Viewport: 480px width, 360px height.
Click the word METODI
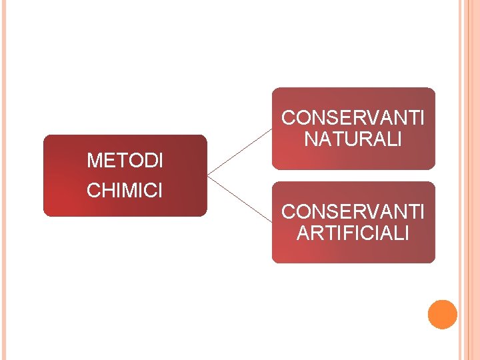tap(125, 161)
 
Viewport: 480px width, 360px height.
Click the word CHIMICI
tap(124, 191)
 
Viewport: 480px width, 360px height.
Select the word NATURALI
tap(353, 140)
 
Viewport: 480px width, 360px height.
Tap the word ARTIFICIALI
tap(353, 233)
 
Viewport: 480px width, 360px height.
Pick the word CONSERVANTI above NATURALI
tap(353, 118)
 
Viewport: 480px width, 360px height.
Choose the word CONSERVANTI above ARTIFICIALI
tap(353, 211)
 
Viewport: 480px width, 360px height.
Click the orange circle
tap(442, 315)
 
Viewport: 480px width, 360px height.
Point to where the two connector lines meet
tap(208, 176)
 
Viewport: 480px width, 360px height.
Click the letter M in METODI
tap(95, 161)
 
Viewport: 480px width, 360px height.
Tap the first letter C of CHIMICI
tap(93, 191)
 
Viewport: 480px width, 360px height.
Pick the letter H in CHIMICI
tap(107, 191)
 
